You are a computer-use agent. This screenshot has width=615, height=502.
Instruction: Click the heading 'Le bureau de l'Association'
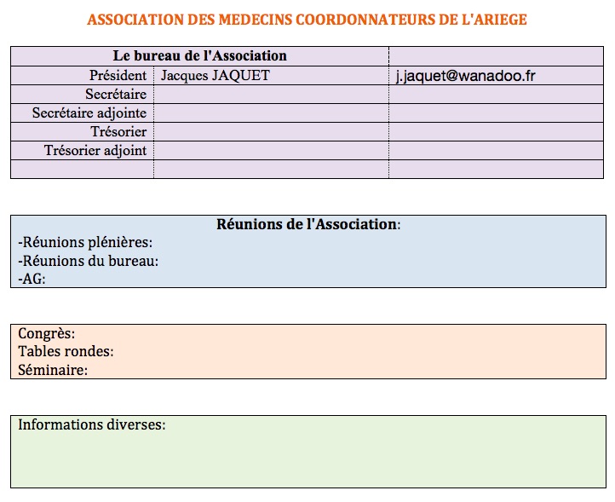click(x=199, y=55)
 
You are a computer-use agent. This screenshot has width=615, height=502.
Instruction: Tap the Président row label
click(x=118, y=75)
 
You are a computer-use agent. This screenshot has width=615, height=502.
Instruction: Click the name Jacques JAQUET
click(x=216, y=75)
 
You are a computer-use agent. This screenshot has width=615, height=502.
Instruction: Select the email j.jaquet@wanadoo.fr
click(x=465, y=76)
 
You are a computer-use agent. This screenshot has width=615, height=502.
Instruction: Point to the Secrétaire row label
click(x=116, y=94)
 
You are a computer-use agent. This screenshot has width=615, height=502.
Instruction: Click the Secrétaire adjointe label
click(x=89, y=113)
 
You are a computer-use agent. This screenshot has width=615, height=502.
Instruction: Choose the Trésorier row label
click(x=118, y=131)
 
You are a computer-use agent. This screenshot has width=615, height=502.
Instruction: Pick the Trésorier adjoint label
click(x=95, y=150)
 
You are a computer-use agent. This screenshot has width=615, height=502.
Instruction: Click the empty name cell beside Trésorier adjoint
click(x=271, y=150)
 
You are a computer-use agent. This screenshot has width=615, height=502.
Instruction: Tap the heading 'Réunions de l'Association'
click(x=307, y=224)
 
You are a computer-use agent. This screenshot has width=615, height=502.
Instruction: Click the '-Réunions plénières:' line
click(x=85, y=243)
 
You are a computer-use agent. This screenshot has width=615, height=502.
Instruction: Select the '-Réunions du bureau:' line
click(x=89, y=261)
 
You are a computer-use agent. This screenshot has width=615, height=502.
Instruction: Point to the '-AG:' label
click(x=32, y=279)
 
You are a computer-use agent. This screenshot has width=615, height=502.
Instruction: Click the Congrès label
click(x=47, y=333)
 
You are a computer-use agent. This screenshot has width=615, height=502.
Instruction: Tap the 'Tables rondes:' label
click(x=66, y=351)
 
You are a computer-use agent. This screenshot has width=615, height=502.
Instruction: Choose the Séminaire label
click(x=53, y=370)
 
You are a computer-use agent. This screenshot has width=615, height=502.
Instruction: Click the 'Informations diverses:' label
click(x=92, y=424)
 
